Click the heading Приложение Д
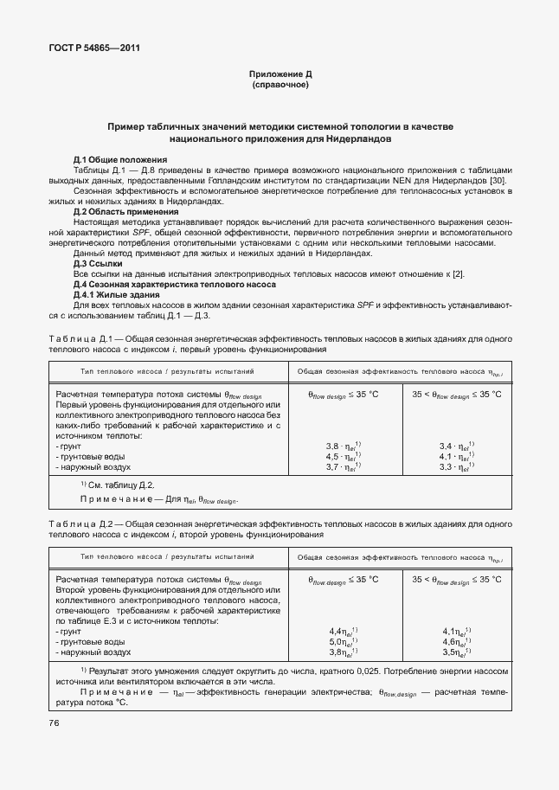[x=279, y=75]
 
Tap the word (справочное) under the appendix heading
[x=279, y=86]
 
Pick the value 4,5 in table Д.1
[x=332, y=456]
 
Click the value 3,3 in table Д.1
[x=446, y=466]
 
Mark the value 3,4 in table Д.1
[x=446, y=446]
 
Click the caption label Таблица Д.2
[x=79, y=523]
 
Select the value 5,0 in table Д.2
[x=335, y=642]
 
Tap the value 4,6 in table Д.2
[x=448, y=642]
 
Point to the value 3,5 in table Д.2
[x=448, y=652]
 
